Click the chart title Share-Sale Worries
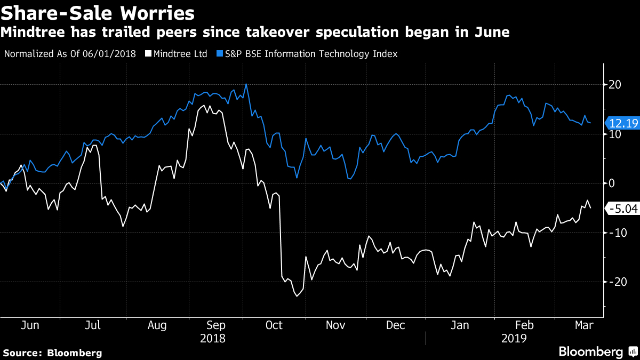coord(98,12)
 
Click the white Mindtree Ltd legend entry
coord(177,54)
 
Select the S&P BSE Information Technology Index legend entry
coord(307,54)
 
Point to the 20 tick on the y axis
coord(615,84)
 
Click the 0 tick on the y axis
coord(612,183)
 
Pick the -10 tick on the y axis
coord(613,233)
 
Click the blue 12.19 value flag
coord(622,123)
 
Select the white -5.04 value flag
coord(622,209)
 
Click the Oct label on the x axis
coord(274,325)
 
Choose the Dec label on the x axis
coord(396,325)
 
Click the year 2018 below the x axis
coord(212,338)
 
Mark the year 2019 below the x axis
coord(515,338)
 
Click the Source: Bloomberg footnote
coord(52,353)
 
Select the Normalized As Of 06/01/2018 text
coord(70,54)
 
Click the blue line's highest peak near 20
coord(245,84)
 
